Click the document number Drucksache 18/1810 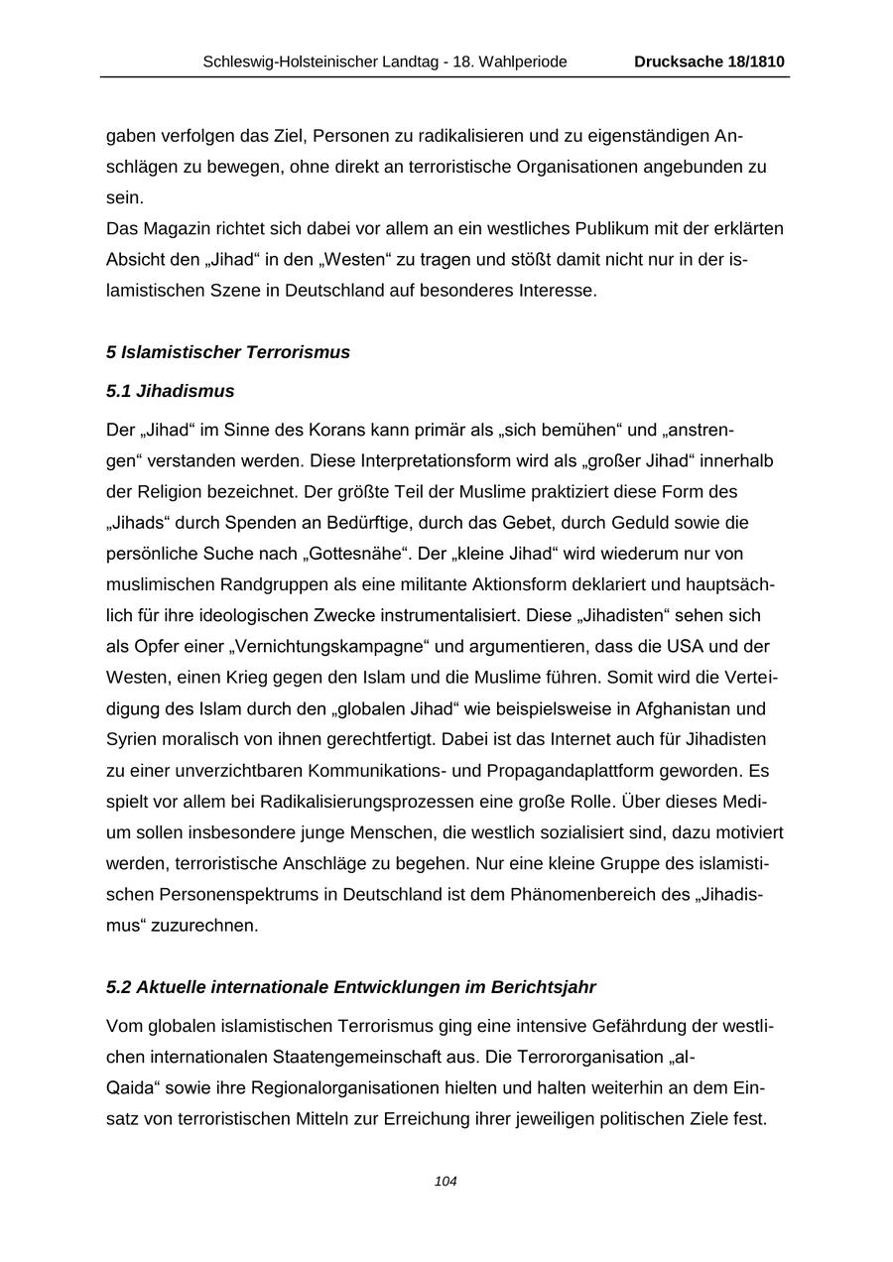[709, 62]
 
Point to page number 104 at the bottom [446, 1182]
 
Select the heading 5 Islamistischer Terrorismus [228, 352]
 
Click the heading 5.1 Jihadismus [170, 391]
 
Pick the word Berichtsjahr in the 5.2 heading [546, 987]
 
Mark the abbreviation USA [656, 647]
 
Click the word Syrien [132, 740]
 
